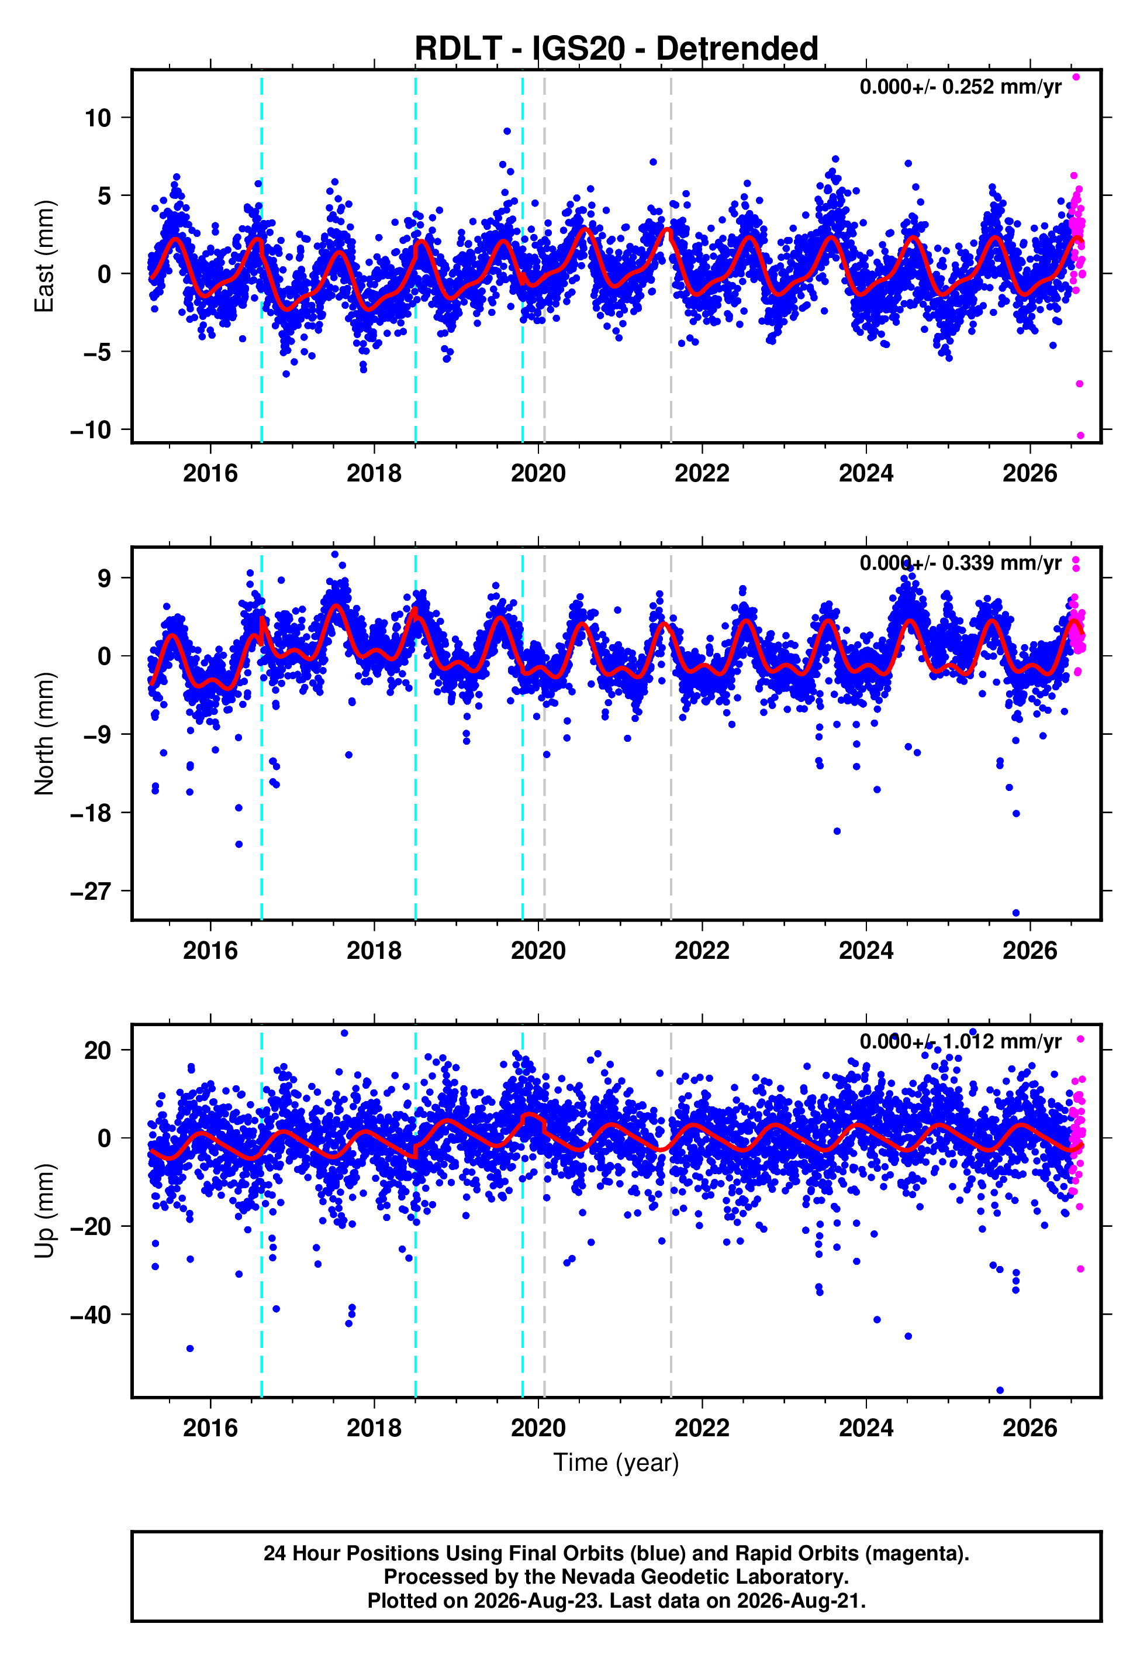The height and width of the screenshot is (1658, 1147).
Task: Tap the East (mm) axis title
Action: tap(44, 256)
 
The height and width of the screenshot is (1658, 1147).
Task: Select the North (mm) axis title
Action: tap(44, 734)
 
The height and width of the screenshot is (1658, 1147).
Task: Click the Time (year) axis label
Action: tap(616, 1463)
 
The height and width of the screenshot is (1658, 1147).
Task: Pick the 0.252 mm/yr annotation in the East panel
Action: tap(960, 87)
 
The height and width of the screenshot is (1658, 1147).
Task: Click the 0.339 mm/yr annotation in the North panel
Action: tap(960, 563)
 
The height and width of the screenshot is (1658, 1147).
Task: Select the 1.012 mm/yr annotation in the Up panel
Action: tap(960, 1041)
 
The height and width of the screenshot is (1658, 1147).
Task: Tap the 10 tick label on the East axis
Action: tap(98, 118)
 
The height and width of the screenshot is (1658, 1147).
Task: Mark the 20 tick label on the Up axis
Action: tap(98, 1051)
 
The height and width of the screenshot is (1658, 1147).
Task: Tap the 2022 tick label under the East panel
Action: tap(702, 473)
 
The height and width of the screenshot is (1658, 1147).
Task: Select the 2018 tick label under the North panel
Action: tap(374, 951)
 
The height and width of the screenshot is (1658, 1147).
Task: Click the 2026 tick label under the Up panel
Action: tap(1030, 1428)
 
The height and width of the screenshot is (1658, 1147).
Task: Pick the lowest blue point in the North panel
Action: tap(1016, 913)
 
